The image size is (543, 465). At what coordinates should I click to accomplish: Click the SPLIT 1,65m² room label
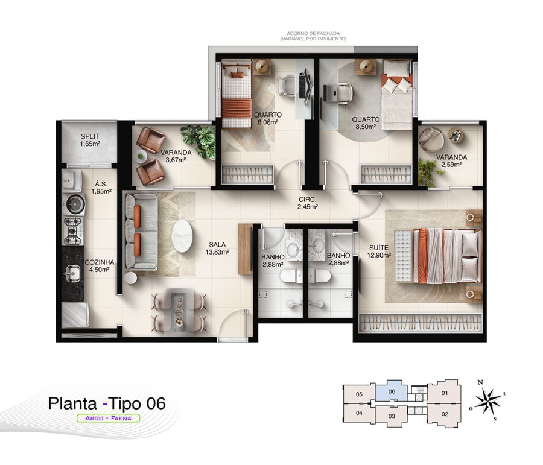pos(90,141)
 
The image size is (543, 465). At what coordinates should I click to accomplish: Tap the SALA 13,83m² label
pos(217,248)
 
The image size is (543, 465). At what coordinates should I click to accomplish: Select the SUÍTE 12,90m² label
pos(379,251)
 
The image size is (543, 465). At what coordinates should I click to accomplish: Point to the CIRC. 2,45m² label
pos(308,203)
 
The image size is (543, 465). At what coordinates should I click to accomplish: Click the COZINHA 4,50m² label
pos(100,266)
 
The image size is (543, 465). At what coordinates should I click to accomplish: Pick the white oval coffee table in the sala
pos(182,236)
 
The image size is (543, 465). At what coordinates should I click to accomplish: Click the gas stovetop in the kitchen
pos(73,230)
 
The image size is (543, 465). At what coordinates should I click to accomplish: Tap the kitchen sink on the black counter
pos(72,273)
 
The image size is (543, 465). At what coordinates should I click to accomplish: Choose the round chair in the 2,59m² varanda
pos(432,138)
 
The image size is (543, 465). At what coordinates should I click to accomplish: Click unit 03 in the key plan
pos(392,416)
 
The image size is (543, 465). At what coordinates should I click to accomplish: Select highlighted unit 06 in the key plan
pos(392,391)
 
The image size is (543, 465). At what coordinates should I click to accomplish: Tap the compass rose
pos(487,400)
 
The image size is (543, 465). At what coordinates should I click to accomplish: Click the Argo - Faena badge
pos(108,418)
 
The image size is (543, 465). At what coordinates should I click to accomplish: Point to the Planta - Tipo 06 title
pos(107,403)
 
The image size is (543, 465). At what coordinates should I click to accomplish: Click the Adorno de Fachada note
pos(313,36)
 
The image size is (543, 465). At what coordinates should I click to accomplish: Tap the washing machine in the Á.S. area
pos(72,180)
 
